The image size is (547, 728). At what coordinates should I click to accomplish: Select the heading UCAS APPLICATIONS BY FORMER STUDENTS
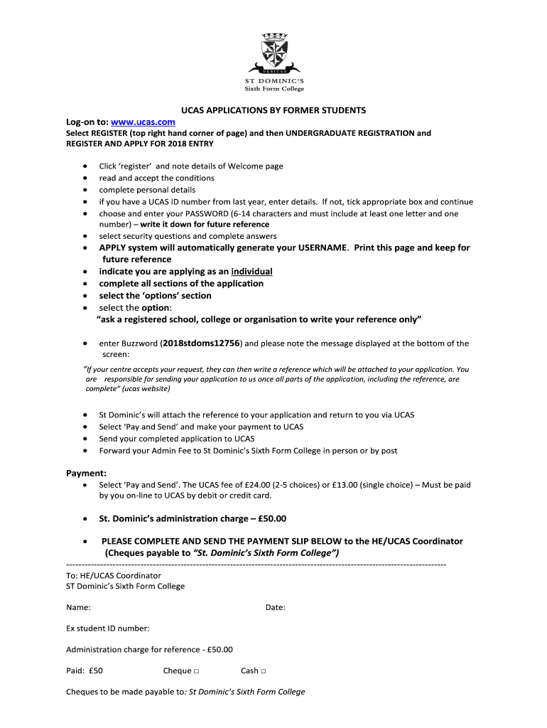[273, 110]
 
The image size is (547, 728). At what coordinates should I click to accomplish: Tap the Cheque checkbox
[195, 671]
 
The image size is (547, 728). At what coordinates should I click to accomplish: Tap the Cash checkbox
[264, 671]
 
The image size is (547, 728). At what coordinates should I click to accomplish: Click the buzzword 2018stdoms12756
[202, 343]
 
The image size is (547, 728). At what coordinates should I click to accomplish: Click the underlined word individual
[251, 272]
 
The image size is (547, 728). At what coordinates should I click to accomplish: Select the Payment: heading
[86, 473]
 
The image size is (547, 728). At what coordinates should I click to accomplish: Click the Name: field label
[78, 608]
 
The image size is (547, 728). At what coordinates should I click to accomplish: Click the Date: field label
[275, 608]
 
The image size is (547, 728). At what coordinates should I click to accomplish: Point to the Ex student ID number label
[107, 628]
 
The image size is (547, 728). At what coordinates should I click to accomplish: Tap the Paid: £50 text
[85, 671]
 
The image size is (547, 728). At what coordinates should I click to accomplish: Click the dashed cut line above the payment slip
[256, 564]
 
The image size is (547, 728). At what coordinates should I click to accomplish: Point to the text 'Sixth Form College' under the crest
[273, 89]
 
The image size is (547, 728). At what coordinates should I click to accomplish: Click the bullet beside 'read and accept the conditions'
[85, 178]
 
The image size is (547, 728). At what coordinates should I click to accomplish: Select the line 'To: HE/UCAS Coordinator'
[114, 575]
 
